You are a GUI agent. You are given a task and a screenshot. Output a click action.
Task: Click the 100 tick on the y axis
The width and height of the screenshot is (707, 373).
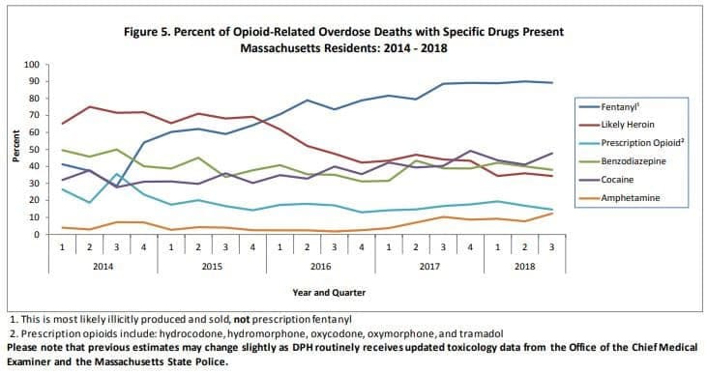click(x=32, y=65)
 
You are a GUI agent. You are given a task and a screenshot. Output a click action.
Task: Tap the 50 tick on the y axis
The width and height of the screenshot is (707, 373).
click(x=34, y=149)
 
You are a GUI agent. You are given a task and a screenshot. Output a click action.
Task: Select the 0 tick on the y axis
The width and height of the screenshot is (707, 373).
click(x=37, y=234)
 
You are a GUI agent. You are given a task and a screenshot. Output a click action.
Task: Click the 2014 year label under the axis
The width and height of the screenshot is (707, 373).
click(x=103, y=267)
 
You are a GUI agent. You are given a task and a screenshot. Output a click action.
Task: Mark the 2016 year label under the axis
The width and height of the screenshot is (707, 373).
click(x=320, y=267)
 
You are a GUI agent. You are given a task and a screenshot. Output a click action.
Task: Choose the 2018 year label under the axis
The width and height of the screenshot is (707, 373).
click(x=524, y=267)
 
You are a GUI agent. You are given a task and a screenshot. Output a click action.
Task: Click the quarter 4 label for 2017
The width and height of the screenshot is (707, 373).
click(x=470, y=247)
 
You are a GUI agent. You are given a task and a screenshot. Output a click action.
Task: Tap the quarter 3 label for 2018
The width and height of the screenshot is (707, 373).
click(x=552, y=247)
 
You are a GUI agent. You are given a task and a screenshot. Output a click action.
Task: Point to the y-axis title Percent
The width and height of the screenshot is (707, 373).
click(x=16, y=146)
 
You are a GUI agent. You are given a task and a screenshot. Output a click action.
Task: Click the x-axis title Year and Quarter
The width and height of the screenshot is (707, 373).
click(x=329, y=293)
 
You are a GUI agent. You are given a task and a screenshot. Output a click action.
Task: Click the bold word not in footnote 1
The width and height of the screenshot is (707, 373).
click(x=242, y=320)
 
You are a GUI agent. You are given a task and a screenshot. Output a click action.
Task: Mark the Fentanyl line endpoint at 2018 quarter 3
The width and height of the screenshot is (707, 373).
click(x=552, y=82)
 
